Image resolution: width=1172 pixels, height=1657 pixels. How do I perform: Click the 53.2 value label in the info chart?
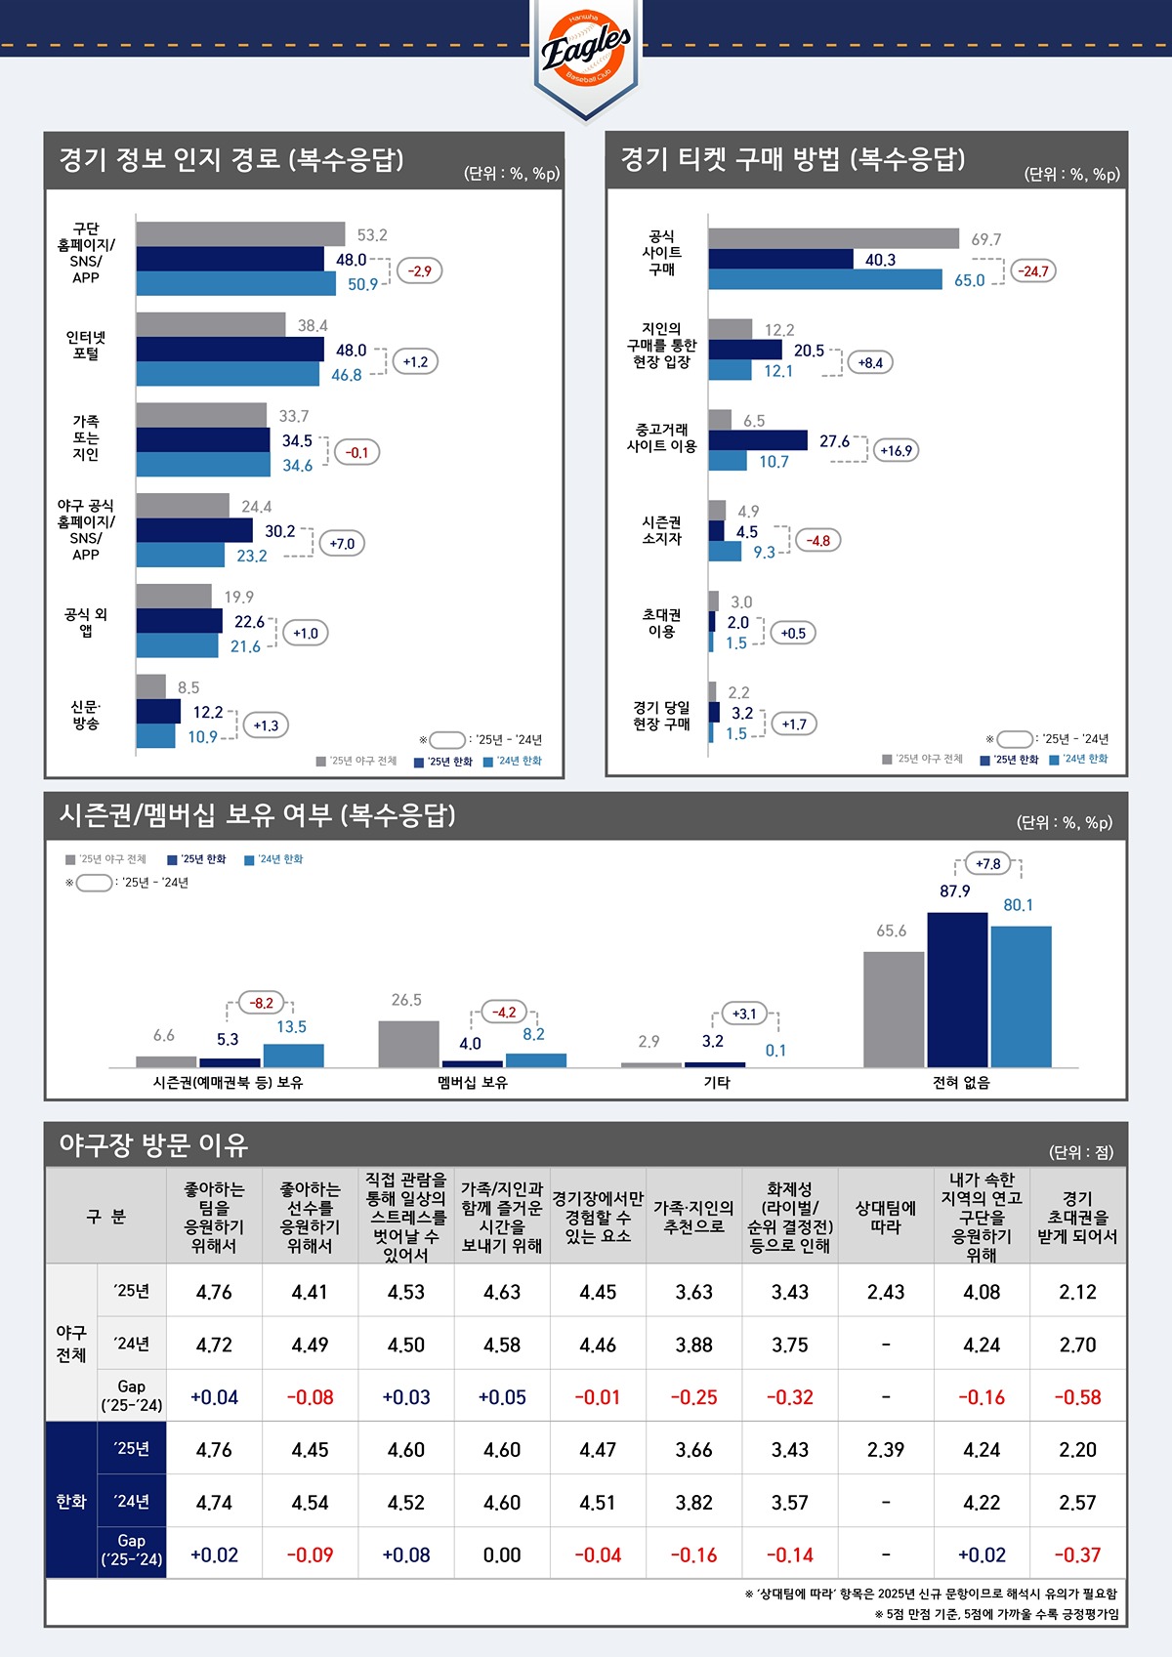[x=372, y=235]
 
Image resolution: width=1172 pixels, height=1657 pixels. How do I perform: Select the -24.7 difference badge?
[x=1033, y=270]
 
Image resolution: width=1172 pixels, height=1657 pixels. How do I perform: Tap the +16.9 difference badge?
[x=896, y=450]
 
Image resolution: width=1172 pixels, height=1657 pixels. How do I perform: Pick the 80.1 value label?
[x=1018, y=905]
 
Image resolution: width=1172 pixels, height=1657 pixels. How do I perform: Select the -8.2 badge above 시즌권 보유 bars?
[x=262, y=1003]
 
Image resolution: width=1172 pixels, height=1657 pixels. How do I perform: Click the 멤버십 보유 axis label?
[x=473, y=1082]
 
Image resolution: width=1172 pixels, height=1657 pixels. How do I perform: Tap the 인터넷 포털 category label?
[x=86, y=346]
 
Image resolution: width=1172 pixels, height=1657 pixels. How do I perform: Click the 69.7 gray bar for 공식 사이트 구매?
[x=833, y=238]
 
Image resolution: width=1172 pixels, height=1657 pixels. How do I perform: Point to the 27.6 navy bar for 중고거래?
[x=758, y=440]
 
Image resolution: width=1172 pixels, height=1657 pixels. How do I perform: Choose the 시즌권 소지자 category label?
[x=662, y=530]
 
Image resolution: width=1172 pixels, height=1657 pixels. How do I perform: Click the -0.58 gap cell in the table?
[x=1077, y=1397]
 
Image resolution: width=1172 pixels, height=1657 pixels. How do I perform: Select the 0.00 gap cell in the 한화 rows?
[x=502, y=1554]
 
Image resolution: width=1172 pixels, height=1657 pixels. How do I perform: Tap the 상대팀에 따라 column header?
[x=886, y=1217]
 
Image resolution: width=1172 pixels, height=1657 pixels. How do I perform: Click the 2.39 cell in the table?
[x=886, y=1450]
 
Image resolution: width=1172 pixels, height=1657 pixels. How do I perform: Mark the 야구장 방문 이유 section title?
[x=154, y=1145]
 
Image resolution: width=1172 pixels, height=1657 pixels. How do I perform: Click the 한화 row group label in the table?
[x=71, y=1502]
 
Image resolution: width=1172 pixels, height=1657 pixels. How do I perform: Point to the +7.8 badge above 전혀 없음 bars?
[x=988, y=864]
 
